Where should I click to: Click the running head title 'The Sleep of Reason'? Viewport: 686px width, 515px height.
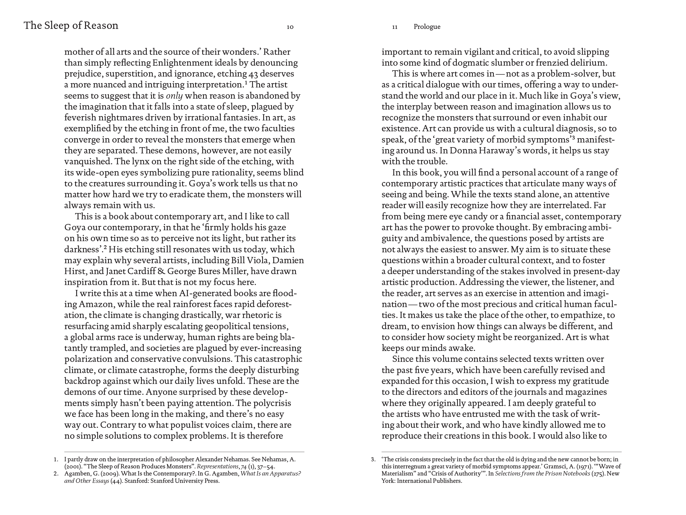tap(71, 25)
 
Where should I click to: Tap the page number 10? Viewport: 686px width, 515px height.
tap(290, 27)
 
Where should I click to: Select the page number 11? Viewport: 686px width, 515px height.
tap(394, 27)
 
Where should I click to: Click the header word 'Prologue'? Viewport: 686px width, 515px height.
tap(427, 27)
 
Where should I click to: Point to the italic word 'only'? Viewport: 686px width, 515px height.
tap(174, 96)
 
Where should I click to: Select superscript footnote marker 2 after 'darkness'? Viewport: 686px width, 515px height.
tap(105, 247)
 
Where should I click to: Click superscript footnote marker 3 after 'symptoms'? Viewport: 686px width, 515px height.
tap(574, 138)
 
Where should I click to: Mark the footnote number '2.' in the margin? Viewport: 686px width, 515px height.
tap(56, 474)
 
